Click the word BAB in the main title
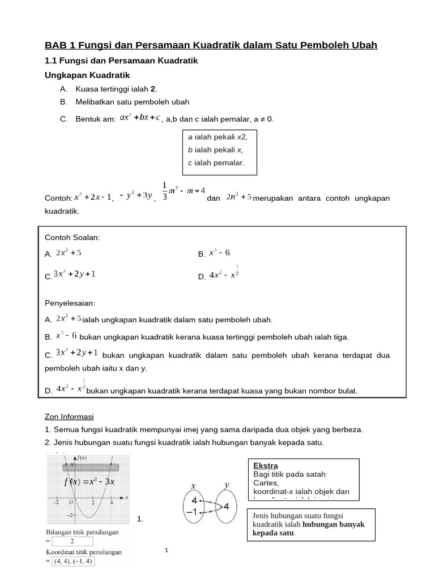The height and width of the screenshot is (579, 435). coord(56,45)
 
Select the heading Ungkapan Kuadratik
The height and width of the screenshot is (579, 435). coord(87,75)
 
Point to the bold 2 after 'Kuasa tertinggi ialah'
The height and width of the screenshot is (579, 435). coord(153,89)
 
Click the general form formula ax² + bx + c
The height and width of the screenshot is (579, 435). coord(140,118)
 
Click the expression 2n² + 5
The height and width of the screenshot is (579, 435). coord(238,197)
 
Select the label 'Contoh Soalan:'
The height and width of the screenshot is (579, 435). coord(72,238)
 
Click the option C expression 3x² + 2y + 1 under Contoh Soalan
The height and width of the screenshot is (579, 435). coord(74,274)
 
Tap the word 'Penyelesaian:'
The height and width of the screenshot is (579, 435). coord(70,304)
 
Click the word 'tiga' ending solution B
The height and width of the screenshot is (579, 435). coord(340,337)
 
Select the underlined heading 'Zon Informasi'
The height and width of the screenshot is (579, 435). coord(69,417)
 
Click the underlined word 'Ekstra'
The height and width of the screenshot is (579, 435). coord(265,466)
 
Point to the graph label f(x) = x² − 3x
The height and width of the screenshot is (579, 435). coord(89,482)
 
